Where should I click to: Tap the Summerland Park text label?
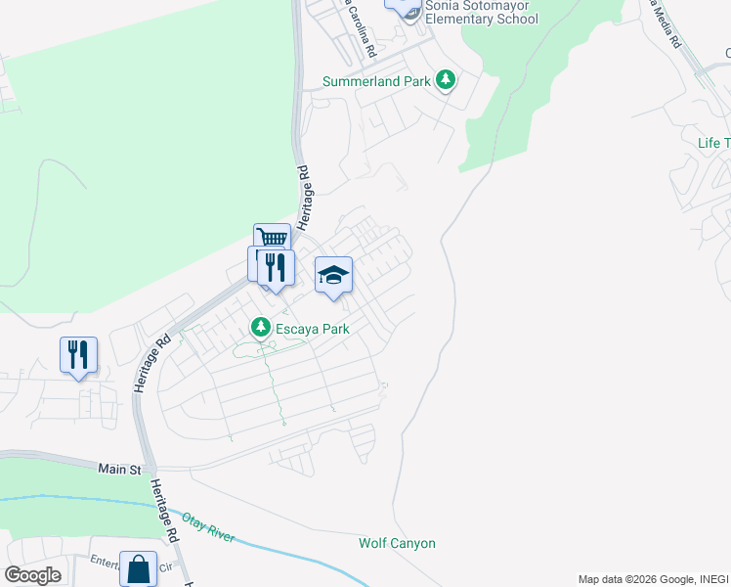pos(377,82)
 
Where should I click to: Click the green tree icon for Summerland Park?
pos(446,79)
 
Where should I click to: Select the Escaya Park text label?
pos(313,329)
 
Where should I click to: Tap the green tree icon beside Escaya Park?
pos(261,327)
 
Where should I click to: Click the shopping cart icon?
pos(272,238)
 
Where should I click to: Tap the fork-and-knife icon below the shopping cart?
pos(276,266)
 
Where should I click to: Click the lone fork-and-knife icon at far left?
pos(78,354)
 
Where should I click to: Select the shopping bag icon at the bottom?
pos(138,568)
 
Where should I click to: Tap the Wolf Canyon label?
pos(397,543)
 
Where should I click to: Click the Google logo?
pos(32,575)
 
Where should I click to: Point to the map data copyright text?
pos(653,579)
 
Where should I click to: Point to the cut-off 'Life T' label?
pos(713,143)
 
